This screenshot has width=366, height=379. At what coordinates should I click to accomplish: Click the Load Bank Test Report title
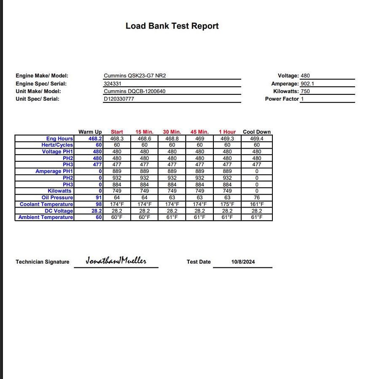(172, 26)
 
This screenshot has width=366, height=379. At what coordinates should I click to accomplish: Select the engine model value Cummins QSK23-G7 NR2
(135, 76)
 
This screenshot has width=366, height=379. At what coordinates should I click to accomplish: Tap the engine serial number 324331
(113, 84)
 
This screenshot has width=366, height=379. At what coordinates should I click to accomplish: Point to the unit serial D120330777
(119, 99)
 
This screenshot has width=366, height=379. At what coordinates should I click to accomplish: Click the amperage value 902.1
(307, 84)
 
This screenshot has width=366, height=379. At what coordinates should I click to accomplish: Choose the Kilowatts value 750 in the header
(305, 91)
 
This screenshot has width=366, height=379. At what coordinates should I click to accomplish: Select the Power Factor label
(282, 99)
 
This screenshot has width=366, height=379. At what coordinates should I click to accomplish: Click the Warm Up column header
(90, 132)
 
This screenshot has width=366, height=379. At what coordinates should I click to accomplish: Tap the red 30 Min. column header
(172, 132)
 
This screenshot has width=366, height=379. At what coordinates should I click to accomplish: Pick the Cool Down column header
(257, 132)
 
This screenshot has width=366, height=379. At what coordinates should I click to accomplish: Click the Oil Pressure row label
(57, 198)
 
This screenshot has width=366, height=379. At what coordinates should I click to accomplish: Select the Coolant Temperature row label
(46, 204)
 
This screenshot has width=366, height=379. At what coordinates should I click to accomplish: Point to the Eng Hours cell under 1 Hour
(227, 139)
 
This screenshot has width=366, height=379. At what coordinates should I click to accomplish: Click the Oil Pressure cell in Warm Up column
(99, 198)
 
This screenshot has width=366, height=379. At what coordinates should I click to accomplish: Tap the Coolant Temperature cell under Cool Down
(257, 204)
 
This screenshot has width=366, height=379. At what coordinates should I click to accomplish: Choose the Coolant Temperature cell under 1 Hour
(227, 204)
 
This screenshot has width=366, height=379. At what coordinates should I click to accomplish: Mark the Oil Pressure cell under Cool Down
(257, 198)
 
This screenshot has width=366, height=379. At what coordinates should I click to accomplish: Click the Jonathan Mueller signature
(116, 261)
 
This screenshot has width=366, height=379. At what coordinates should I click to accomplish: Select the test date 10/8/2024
(243, 262)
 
